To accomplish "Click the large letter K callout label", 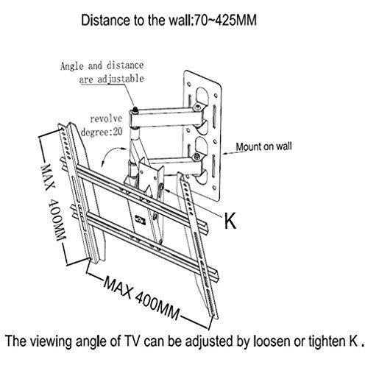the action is [230, 221].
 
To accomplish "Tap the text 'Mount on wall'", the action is [263, 146].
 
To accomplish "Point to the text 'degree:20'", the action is [102, 132].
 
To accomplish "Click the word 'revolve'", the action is [106, 118].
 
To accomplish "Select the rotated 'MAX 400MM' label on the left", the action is [54, 202].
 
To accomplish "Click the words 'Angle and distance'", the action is [102, 65].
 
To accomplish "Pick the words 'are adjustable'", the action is [111, 79].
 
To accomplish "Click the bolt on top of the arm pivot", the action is [135, 110].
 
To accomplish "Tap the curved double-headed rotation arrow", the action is [112, 154].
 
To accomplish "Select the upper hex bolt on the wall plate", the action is [197, 107].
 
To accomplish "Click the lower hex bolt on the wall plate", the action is [196, 156].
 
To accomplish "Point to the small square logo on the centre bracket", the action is [140, 219].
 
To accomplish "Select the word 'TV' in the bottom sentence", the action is [132, 341].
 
